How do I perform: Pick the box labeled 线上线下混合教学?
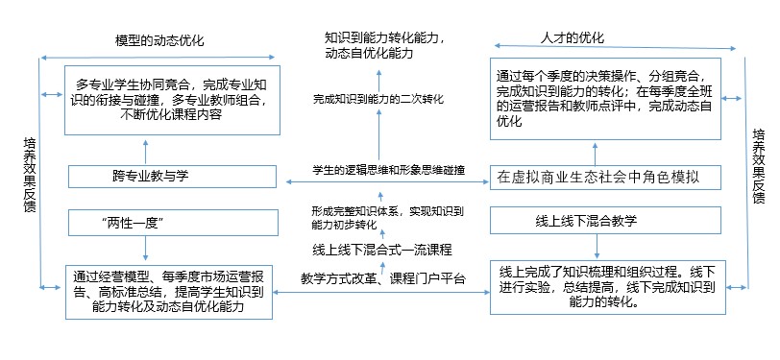click(x=586, y=221)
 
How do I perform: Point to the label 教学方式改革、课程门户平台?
click(x=382, y=279)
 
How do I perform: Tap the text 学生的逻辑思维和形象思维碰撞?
click(x=388, y=170)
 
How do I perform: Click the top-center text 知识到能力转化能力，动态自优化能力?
click(x=384, y=46)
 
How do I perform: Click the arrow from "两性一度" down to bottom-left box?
click(x=145, y=249)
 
